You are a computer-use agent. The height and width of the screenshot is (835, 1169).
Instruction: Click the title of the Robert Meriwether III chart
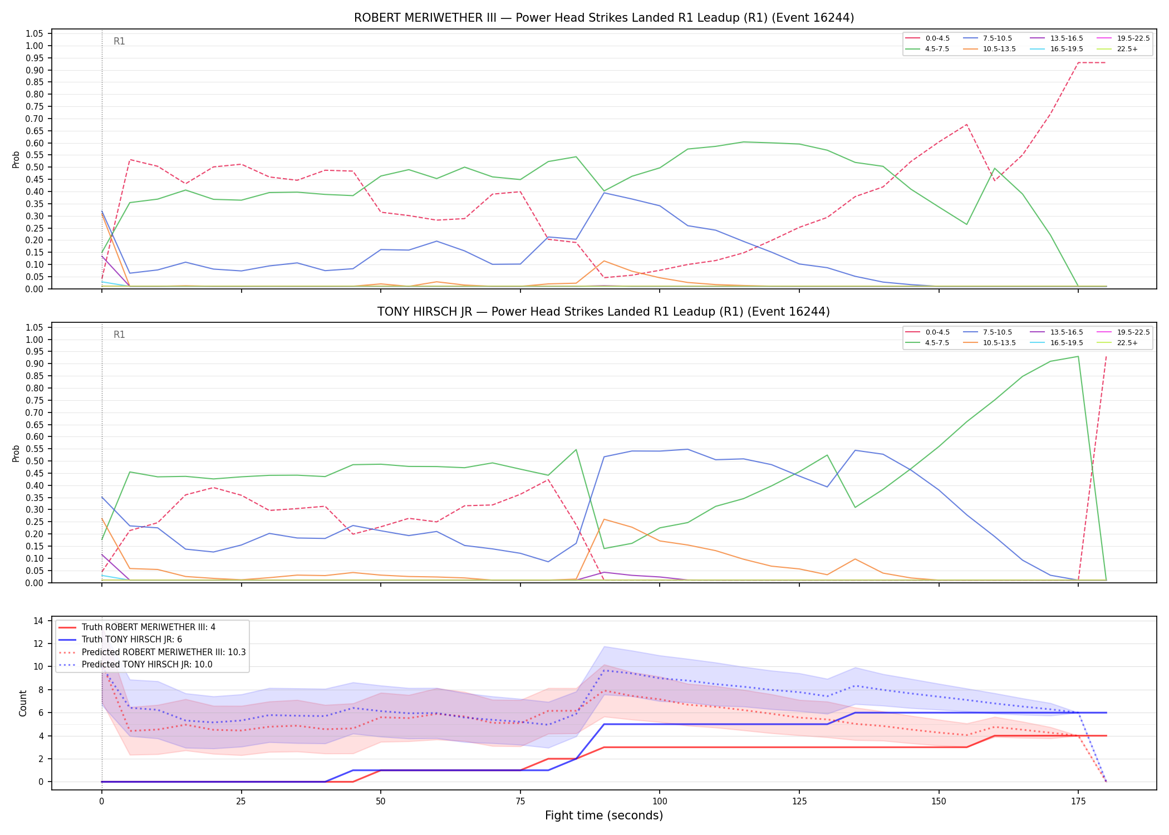pyautogui.click(x=604, y=18)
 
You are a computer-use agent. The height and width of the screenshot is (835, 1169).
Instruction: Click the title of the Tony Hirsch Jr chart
pyautogui.click(x=603, y=312)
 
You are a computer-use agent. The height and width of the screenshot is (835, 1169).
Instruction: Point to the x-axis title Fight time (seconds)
pyautogui.click(x=604, y=816)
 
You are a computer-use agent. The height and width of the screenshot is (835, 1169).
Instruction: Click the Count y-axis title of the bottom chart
pyautogui.click(x=23, y=703)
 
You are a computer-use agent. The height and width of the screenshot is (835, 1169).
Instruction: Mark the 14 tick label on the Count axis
pyautogui.click(x=39, y=621)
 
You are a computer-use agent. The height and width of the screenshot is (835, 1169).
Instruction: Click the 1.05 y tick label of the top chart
pyautogui.click(x=35, y=33)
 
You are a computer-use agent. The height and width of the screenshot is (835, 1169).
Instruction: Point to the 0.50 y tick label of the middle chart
pyautogui.click(x=35, y=461)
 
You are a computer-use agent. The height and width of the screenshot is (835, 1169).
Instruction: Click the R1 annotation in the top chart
pyautogui.click(x=119, y=41)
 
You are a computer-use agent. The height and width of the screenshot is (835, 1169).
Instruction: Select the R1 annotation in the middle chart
pyautogui.click(x=119, y=335)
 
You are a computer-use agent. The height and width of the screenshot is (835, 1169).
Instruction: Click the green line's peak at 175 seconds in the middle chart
pyautogui.click(x=1078, y=356)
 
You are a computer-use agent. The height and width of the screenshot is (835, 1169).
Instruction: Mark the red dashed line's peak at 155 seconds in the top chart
pyautogui.click(x=966, y=124)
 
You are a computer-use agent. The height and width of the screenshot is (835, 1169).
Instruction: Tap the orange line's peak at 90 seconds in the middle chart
pyautogui.click(x=604, y=519)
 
